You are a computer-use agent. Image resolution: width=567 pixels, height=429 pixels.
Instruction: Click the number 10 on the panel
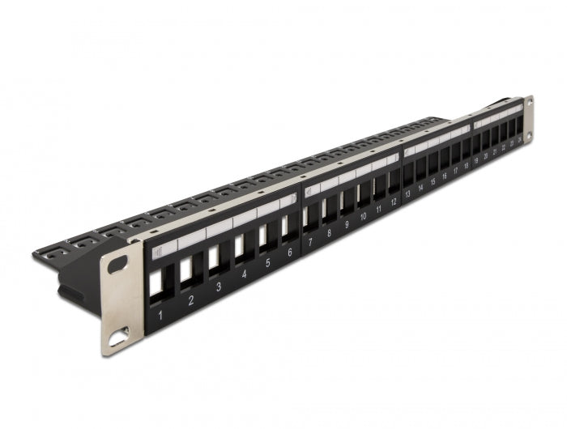click(363, 216)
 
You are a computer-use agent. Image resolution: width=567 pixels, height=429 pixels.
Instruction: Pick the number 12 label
click(394, 202)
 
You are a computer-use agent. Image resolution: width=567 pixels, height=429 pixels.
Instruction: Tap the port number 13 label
click(409, 194)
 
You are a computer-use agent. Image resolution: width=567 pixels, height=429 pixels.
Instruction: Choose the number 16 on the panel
click(444, 178)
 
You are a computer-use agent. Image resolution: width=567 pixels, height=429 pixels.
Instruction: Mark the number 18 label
click(466, 168)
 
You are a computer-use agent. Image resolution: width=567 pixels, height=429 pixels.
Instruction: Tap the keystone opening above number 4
click(240, 244)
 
